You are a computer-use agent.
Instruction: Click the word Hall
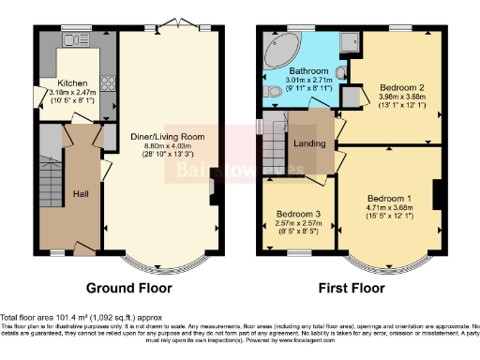(x=81, y=194)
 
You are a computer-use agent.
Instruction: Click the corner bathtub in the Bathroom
(x=278, y=48)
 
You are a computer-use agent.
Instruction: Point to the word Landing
(x=309, y=144)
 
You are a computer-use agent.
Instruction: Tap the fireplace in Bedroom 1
(x=436, y=194)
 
